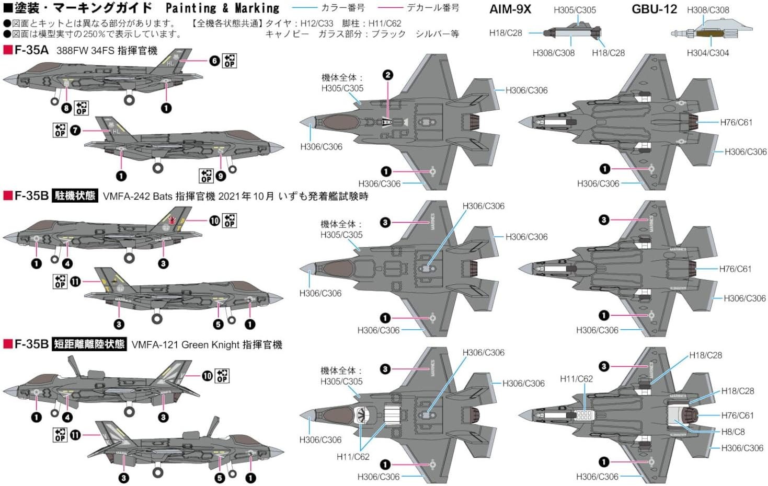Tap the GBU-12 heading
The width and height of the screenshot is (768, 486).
(654, 9)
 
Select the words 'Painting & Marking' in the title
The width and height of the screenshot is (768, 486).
(222, 8)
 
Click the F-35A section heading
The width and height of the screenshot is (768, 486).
(31, 50)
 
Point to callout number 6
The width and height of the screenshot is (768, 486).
(214, 61)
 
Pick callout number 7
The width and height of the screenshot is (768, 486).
(75, 130)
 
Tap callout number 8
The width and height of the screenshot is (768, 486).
(66, 108)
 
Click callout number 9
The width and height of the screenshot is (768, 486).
(221, 176)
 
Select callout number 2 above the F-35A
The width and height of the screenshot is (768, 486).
(387, 75)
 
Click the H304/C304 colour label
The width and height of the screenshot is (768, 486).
(707, 53)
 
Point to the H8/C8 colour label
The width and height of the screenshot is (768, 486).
(733, 432)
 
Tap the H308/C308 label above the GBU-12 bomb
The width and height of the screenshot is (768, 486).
(707, 10)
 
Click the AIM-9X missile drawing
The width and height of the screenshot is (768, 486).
(572, 32)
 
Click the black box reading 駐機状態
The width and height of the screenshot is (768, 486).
(75, 196)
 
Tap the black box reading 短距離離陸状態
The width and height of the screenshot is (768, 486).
(89, 344)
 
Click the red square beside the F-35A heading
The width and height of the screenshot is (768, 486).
(7, 50)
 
